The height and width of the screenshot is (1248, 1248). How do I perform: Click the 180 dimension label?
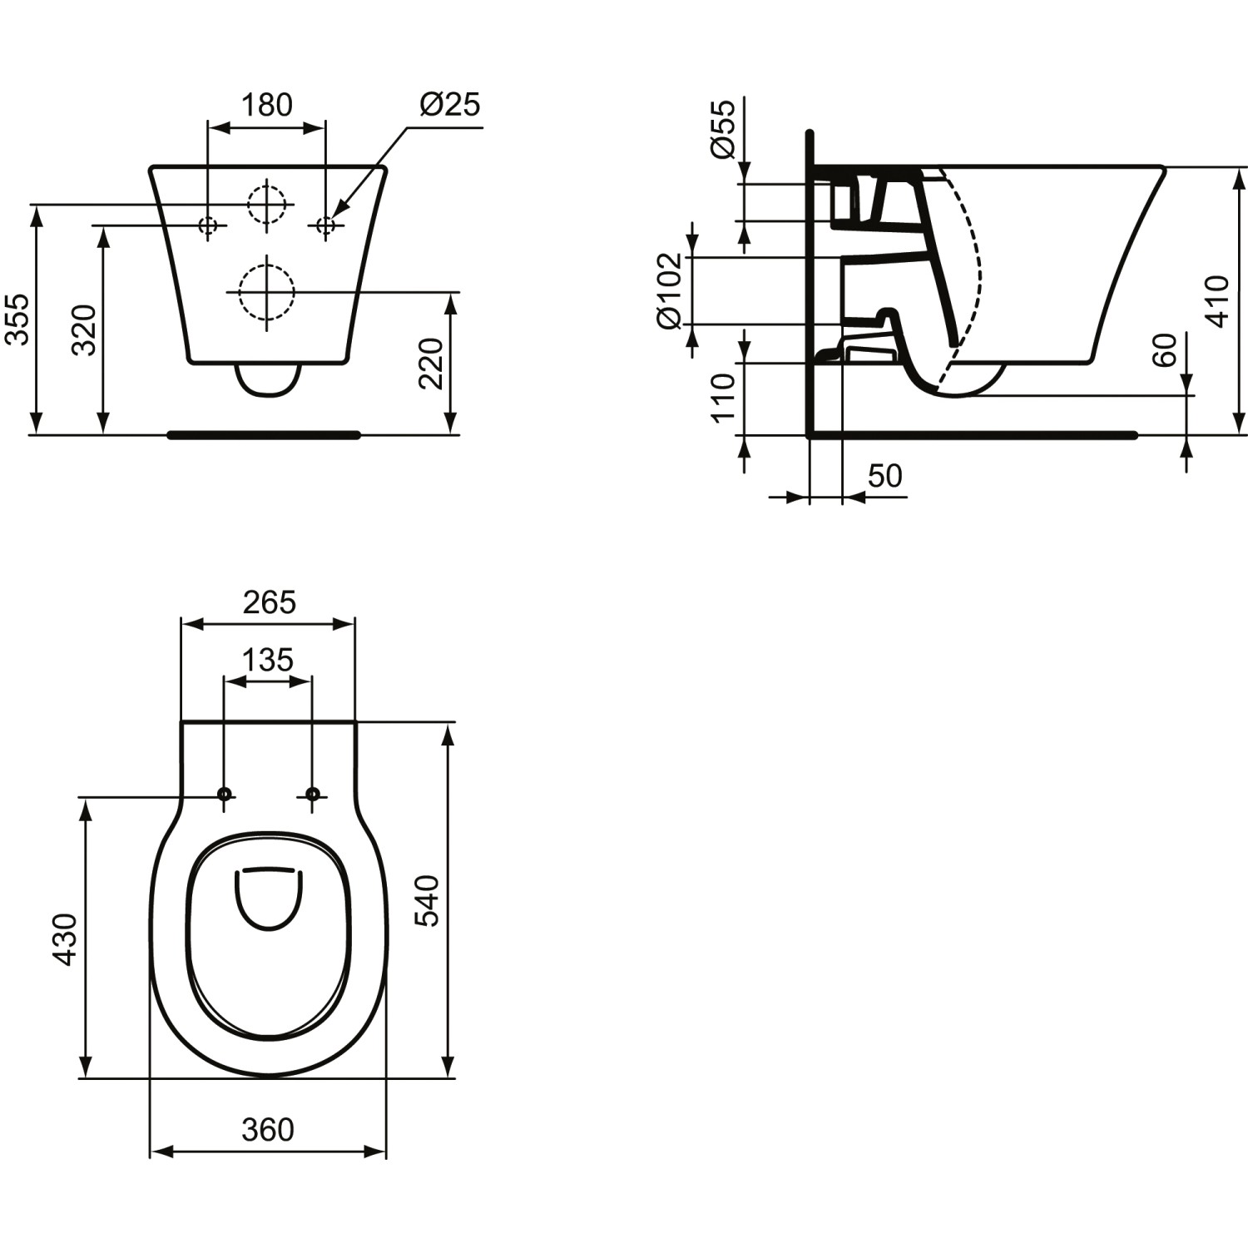(266, 106)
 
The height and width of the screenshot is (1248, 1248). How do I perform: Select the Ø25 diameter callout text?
(450, 105)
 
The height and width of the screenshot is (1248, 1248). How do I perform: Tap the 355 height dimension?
(17, 319)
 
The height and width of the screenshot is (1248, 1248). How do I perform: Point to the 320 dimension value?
(84, 330)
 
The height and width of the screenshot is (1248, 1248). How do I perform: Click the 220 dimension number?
(431, 363)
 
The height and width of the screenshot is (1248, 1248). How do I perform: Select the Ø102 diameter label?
(670, 290)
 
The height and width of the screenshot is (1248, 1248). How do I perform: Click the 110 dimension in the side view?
(723, 398)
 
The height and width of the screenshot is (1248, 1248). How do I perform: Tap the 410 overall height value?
(1216, 301)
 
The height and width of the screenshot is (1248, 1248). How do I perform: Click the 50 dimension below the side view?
(884, 476)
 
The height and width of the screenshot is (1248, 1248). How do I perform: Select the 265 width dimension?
(269, 602)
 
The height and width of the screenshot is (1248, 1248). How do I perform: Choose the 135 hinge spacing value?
(268, 660)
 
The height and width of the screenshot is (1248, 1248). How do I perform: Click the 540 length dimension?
(427, 900)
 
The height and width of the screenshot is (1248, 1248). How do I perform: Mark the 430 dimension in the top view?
(65, 939)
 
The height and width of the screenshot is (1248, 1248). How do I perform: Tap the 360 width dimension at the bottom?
(268, 1130)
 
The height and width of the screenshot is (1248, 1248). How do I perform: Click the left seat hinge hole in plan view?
(224, 794)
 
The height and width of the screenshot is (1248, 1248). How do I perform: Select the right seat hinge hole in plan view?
(312, 794)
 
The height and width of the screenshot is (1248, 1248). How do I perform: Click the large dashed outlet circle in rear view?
(266, 292)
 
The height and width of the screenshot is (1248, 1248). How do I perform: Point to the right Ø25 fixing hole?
(325, 225)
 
